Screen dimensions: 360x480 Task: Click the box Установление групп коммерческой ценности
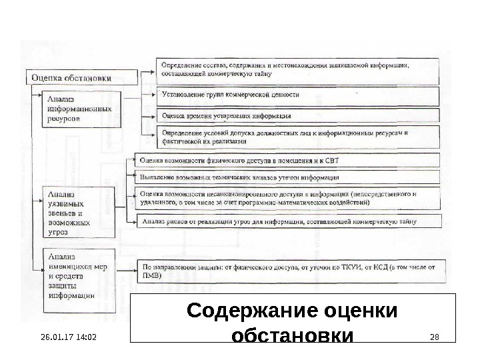click(x=298, y=95)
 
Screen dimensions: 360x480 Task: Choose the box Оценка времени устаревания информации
click(x=298, y=115)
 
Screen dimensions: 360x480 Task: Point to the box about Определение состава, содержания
click(x=298, y=69)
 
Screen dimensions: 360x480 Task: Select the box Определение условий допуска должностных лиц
click(x=298, y=137)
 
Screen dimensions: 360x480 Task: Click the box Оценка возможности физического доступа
click(x=287, y=161)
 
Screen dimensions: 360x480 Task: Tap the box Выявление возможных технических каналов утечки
click(x=287, y=178)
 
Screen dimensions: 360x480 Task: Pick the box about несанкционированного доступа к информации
click(x=287, y=198)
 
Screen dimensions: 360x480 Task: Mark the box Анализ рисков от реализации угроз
click(x=287, y=222)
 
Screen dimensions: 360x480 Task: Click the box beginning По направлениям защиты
click(x=287, y=271)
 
